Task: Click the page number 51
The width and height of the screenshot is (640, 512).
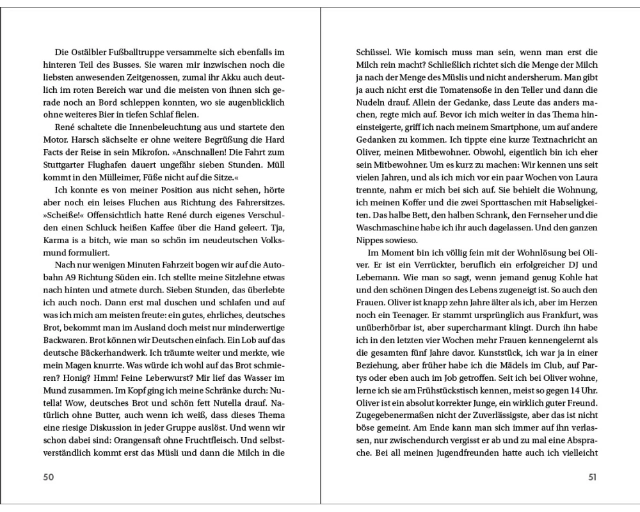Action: (x=592, y=477)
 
